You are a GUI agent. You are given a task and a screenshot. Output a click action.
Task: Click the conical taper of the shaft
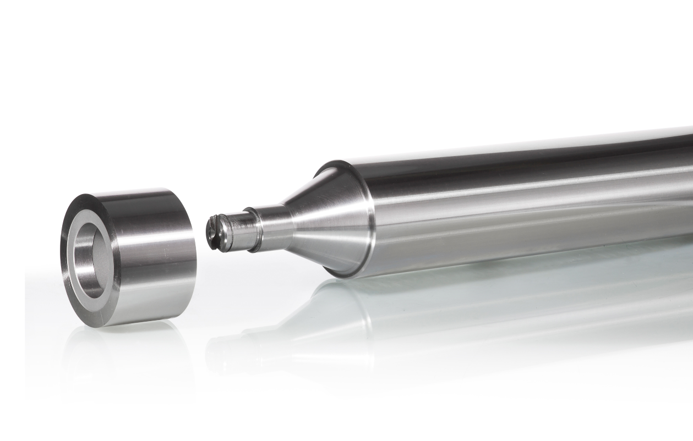[x=325, y=220]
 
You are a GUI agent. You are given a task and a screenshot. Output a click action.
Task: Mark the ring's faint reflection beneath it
[x=127, y=352]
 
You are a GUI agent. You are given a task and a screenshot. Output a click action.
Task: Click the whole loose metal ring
[x=127, y=256]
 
